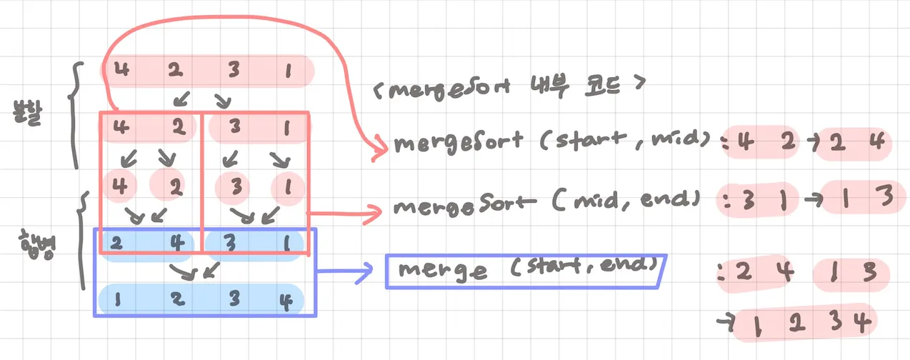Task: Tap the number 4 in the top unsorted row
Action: point(121,71)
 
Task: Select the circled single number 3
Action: point(233,186)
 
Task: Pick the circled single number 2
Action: point(174,186)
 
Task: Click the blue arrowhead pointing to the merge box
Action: point(367,270)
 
